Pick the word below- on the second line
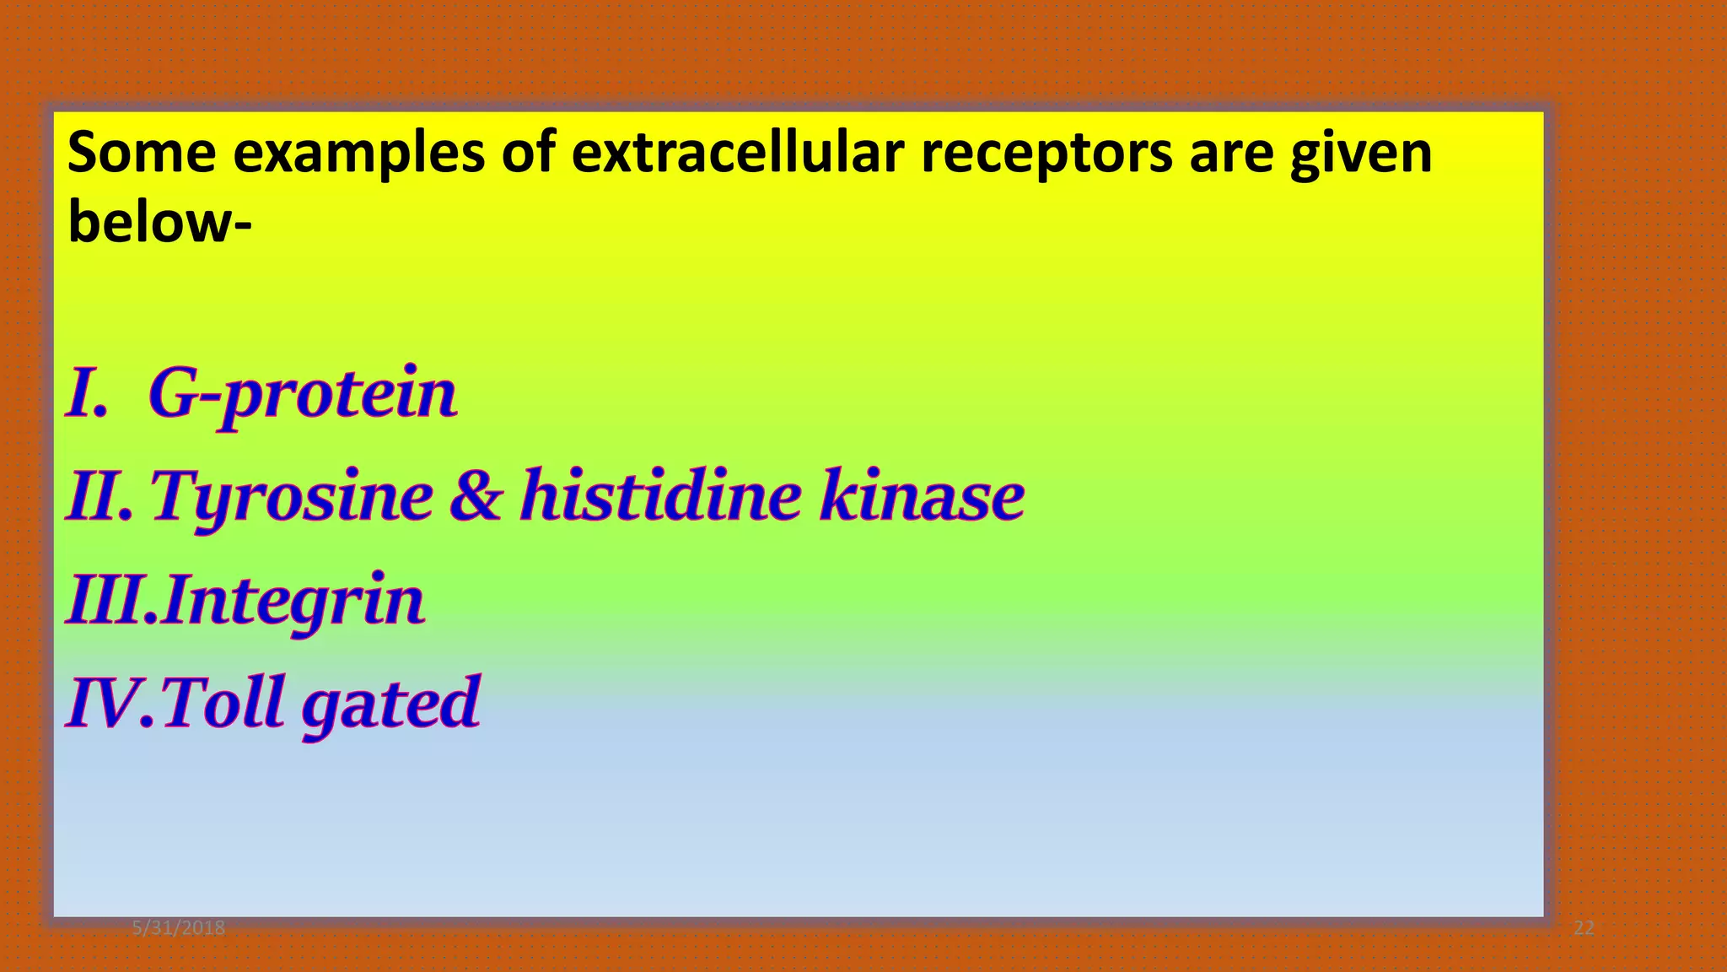pos(159,221)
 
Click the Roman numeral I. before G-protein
pos(88,393)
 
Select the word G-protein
pos(303,394)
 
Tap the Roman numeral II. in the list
pos(100,496)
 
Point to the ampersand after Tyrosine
pos(475,495)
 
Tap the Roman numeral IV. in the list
pos(110,703)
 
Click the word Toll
pos(223,702)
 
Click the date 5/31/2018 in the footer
pos(179,928)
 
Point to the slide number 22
pos(1584,928)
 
